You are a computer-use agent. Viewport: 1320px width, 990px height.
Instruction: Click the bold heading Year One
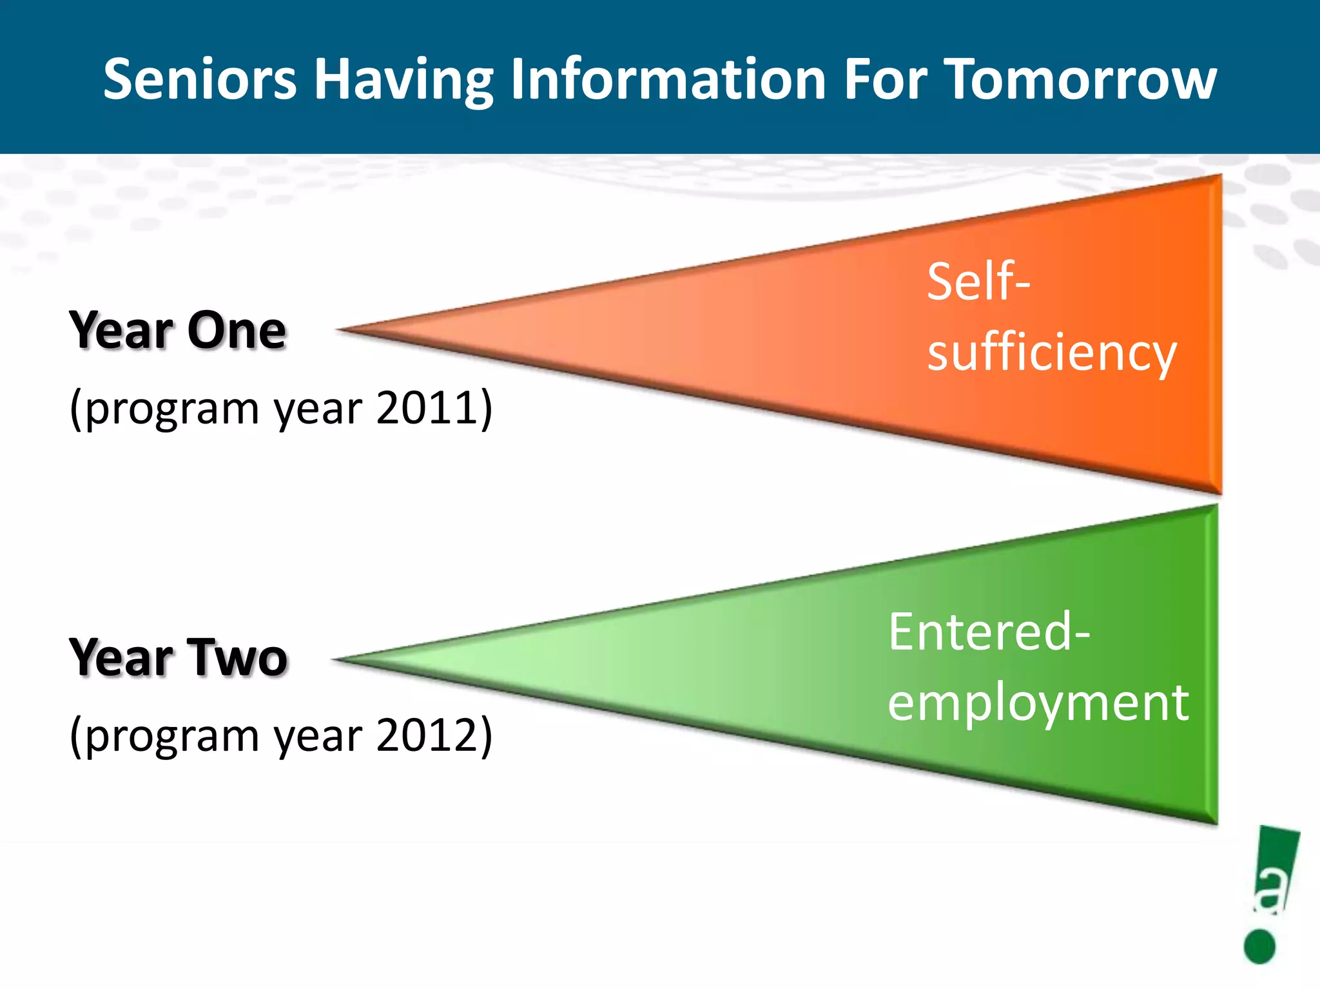pyautogui.click(x=177, y=331)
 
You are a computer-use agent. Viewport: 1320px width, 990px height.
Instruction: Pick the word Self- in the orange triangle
pyautogui.click(x=978, y=282)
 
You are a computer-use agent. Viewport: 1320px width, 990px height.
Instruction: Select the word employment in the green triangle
pyautogui.click(x=1038, y=703)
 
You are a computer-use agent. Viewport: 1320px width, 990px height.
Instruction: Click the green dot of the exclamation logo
pyautogui.click(x=1259, y=946)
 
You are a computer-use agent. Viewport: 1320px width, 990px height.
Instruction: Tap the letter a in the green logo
pyautogui.click(x=1272, y=892)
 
